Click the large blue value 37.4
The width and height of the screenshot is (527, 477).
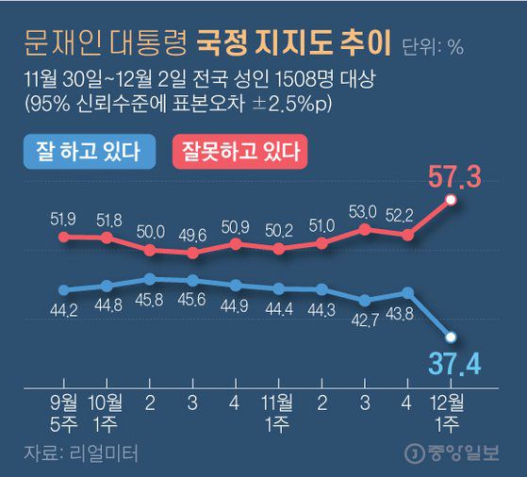[456, 362]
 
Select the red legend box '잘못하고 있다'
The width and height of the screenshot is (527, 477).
[240, 149]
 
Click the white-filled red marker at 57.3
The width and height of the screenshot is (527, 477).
[451, 200]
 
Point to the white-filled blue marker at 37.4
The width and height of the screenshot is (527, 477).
[451, 337]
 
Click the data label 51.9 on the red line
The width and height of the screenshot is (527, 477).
[64, 219]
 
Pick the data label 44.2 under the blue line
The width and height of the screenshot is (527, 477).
[64, 307]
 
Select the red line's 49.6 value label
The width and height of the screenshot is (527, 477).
[192, 235]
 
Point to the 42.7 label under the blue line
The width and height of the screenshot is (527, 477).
[365, 320]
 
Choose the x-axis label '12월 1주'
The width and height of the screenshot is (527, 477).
[451, 408]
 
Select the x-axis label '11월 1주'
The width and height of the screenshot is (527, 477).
[279, 408]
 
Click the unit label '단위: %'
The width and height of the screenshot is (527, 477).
[433, 45]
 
